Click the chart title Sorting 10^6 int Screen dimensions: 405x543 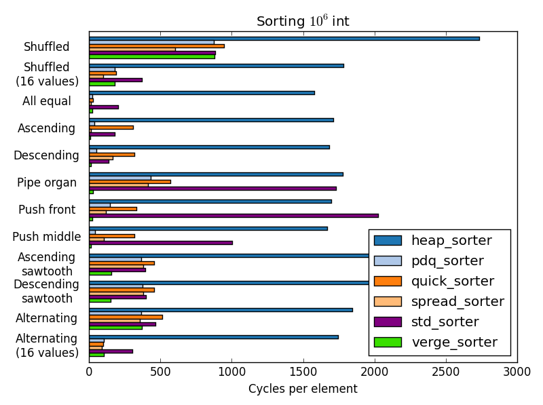pyautogui.click(x=303, y=21)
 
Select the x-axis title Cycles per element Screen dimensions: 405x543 pyautogui.click(x=303, y=389)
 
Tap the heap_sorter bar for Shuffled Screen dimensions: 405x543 pyautogui.click(x=284, y=39)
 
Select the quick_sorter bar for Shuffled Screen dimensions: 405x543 pyautogui.click(x=157, y=46)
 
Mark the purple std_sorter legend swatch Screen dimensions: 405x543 pyautogui.click(x=388, y=322)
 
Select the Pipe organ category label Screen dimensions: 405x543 pyautogui.click(x=46, y=182)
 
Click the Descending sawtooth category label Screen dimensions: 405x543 pyautogui.click(x=46, y=291)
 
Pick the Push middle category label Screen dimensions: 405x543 pyautogui.click(x=46, y=237)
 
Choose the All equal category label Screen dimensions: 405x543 pyautogui.click(x=46, y=101)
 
